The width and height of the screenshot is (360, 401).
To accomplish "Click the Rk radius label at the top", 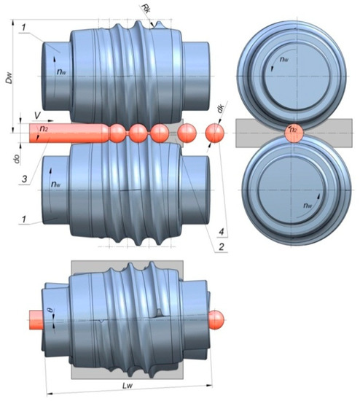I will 148,9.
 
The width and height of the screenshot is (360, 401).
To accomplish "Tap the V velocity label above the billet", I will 38,116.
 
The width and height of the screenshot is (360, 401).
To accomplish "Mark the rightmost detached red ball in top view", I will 214,133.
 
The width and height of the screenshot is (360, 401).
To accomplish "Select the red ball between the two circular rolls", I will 291,133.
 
